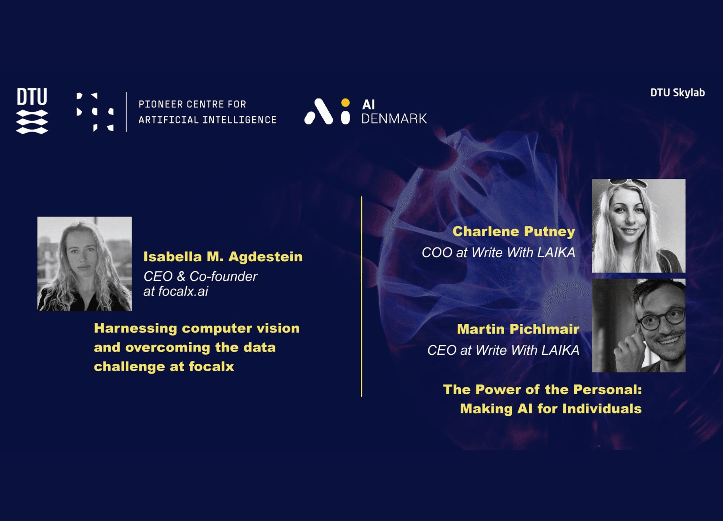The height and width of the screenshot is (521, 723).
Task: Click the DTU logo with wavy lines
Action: [x=32, y=111]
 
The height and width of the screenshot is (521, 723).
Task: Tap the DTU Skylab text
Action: [x=677, y=93]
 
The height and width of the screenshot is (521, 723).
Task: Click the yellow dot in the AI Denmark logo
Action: [x=345, y=102]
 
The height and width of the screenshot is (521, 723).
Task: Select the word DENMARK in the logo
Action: [x=394, y=119]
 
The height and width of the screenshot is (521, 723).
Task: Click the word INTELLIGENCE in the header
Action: [x=240, y=120]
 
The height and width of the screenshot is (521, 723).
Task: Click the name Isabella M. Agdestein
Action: [x=223, y=257]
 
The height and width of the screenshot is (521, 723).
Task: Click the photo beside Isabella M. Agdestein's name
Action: [x=84, y=264]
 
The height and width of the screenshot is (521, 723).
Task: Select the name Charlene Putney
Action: [x=514, y=232]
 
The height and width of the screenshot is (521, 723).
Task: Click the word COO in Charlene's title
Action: [x=437, y=253]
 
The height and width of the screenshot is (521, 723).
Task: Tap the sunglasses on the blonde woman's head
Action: [x=628, y=183]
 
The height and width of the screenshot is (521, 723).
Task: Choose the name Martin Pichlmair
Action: [x=518, y=329]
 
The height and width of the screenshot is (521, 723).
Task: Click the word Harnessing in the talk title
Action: [x=136, y=328]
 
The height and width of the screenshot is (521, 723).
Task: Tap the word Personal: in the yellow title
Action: [x=608, y=390]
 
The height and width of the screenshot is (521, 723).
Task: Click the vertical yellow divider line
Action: [x=361, y=296]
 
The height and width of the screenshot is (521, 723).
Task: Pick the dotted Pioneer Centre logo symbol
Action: [x=95, y=112]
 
